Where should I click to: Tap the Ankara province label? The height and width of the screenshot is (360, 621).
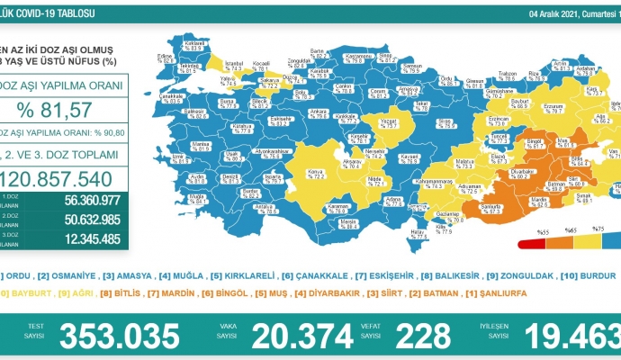tap(319, 112)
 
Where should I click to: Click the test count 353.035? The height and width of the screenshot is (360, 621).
tap(121, 337)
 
